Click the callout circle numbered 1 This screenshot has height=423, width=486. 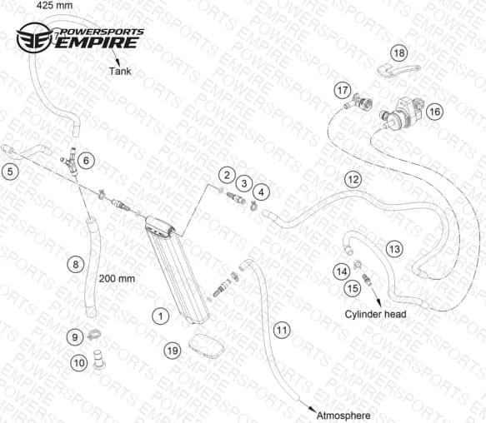[x=161, y=316]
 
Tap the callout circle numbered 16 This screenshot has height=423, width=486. [x=434, y=112]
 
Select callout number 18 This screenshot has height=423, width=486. [x=399, y=53]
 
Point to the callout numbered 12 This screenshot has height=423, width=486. [x=353, y=179]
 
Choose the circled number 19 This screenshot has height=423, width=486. [x=173, y=351]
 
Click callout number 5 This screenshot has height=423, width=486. [x=10, y=172]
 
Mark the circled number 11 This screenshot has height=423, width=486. [x=282, y=330]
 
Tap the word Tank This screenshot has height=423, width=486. [x=120, y=72]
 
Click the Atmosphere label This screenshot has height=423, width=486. [x=343, y=416]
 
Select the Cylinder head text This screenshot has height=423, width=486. [x=375, y=314]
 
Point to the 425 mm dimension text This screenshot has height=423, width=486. [x=54, y=5]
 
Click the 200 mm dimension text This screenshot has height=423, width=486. [x=117, y=279]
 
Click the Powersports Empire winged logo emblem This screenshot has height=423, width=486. [x=34, y=38]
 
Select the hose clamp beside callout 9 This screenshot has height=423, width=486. [x=94, y=335]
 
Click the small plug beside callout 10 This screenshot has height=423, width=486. [x=99, y=359]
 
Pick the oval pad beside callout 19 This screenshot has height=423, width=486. [x=206, y=346]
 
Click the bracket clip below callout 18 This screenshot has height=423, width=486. [x=398, y=70]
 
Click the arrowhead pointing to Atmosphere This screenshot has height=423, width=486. [x=311, y=409]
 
